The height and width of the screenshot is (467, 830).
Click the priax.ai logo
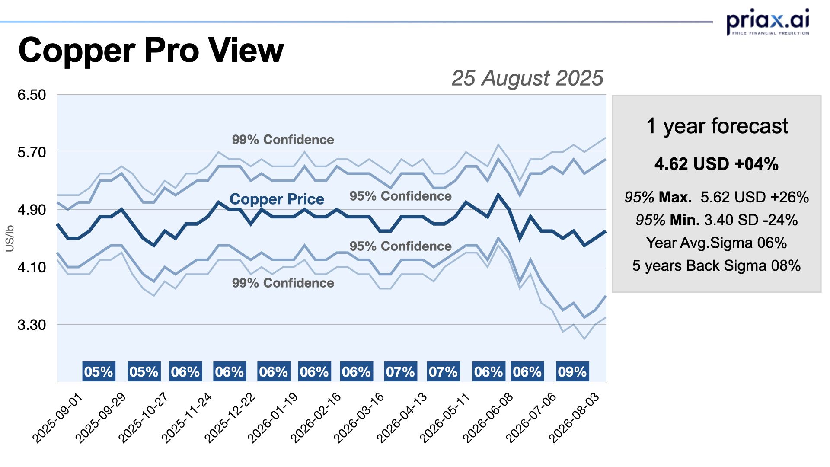coord(768,22)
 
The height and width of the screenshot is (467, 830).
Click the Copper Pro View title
coord(151,51)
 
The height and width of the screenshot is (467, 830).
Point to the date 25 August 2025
coord(527,78)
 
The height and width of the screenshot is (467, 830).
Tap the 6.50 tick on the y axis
coord(32,95)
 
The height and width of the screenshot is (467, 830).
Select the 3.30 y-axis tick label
coord(32,325)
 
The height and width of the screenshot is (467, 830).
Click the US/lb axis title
coord(10,238)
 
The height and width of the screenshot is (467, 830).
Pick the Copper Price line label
coord(277,199)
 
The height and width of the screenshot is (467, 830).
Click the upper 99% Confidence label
coord(283,140)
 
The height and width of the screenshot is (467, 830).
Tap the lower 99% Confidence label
coord(283,283)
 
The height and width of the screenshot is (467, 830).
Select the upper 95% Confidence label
coord(400,196)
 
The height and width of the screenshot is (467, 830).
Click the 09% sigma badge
coord(572,372)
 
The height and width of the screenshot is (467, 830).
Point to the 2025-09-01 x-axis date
coord(57,418)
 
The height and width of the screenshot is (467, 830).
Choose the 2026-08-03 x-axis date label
coord(575,418)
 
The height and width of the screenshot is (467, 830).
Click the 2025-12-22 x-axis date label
coord(230,418)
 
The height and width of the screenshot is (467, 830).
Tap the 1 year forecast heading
coord(717,126)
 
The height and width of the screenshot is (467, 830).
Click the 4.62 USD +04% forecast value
coord(716,164)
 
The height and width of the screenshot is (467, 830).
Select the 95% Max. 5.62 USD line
coord(716,198)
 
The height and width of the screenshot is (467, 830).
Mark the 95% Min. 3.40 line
coord(716,220)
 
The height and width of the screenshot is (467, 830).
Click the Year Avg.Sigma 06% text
coord(716,243)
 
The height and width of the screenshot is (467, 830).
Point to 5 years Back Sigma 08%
coord(716,265)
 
